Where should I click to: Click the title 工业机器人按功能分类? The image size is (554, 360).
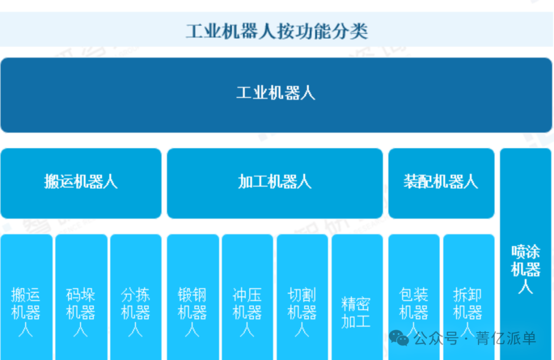pos(276,31)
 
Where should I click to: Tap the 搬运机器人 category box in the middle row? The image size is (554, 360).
pos(81,183)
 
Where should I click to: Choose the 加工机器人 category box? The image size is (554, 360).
pos(274,183)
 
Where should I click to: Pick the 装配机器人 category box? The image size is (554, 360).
pos(441,183)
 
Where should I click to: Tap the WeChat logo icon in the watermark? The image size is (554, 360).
pos(399,338)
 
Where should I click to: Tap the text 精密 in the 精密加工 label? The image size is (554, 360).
pos(356,304)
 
